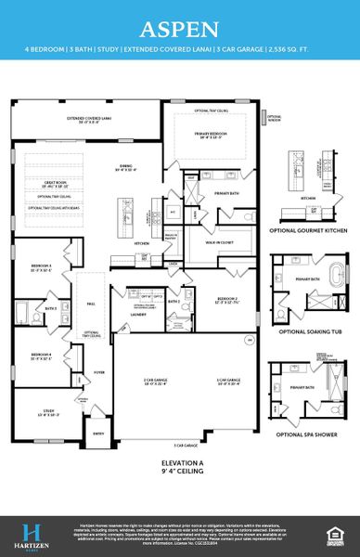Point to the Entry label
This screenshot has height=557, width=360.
(98, 406)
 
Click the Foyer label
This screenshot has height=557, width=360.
(98, 373)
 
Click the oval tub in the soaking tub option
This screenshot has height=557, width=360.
(325, 276)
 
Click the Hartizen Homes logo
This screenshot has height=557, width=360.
(29, 533)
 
